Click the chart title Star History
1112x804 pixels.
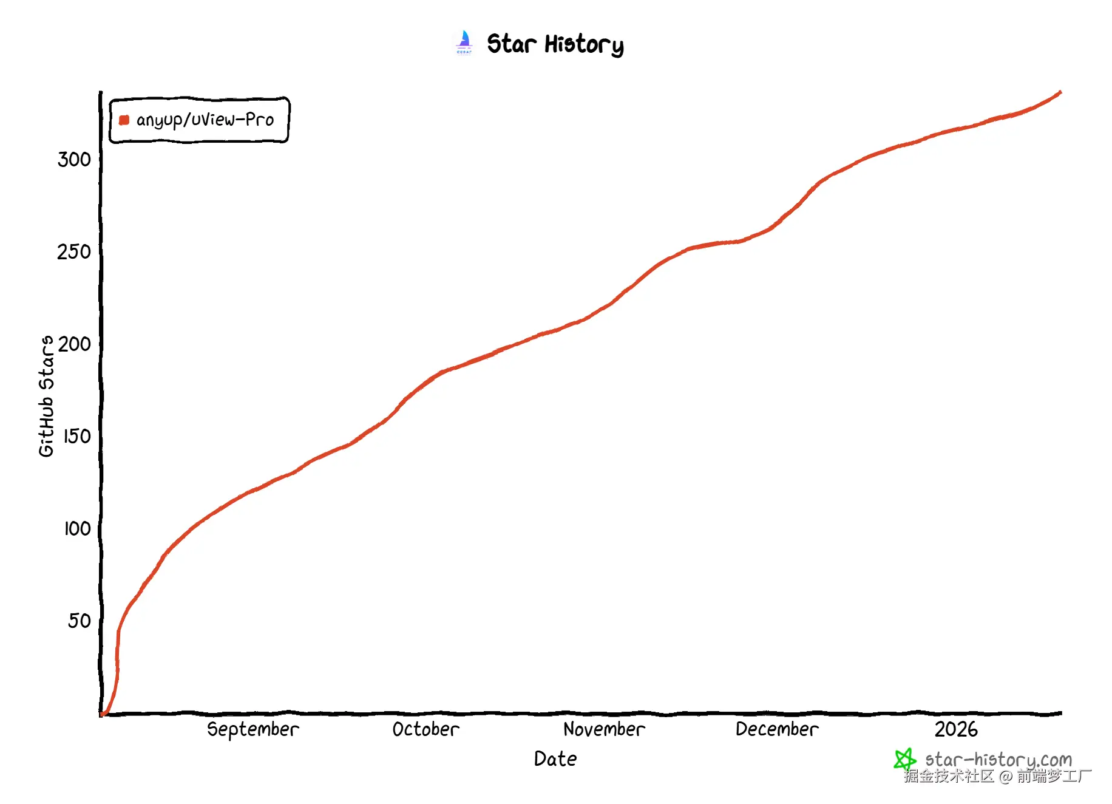point(555,44)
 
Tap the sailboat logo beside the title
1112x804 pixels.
point(464,43)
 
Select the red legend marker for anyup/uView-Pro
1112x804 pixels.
point(124,120)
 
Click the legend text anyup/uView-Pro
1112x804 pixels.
point(205,120)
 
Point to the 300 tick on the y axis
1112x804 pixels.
point(74,160)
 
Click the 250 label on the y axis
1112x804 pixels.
point(74,252)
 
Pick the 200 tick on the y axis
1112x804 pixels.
point(75,344)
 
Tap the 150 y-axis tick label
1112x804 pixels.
point(77,437)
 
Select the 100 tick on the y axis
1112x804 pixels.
point(77,529)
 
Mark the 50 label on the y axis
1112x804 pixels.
point(80,621)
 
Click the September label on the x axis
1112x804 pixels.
point(253,729)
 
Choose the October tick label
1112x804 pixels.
point(425,729)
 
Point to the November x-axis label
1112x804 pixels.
point(604,729)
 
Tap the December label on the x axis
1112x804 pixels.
point(777,729)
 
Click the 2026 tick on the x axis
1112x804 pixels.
point(956,729)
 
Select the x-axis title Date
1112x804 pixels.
point(555,759)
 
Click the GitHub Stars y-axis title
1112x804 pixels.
point(46,396)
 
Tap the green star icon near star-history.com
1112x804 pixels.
point(904,759)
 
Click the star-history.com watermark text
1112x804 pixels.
point(998,759)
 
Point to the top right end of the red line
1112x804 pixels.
point(1060,93)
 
